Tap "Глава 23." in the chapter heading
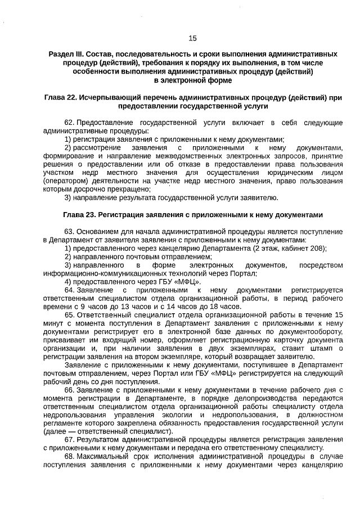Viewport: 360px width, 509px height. coord(80,214)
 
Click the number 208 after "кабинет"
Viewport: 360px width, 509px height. coord(317,248)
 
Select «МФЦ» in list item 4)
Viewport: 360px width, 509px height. coord(185,282)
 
